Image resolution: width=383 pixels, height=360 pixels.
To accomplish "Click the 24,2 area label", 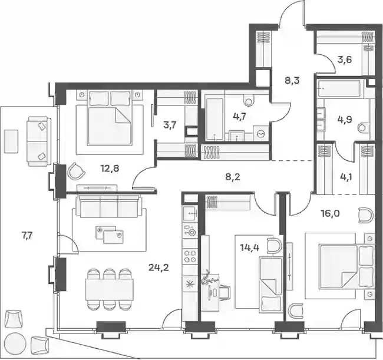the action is (x=159, y=268).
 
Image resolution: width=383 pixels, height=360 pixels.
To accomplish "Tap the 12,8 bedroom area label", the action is (x=110, y=169).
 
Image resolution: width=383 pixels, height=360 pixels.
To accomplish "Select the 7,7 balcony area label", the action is (x=27, y=236).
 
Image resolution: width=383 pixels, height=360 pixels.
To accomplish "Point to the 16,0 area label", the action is (x=329, y=214).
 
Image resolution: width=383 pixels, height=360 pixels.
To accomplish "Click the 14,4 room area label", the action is (x=249, y=247).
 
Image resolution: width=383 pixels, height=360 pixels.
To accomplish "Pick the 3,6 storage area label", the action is (x=345, y=60).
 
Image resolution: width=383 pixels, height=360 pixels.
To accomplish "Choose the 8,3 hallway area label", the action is (x=292, y=80).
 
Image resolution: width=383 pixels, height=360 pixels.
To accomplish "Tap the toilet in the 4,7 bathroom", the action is (x=249, y=100).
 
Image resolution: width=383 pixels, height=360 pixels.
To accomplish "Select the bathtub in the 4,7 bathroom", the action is (x=214, y=120).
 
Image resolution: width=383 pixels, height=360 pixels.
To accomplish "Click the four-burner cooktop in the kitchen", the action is (x=190, y=256).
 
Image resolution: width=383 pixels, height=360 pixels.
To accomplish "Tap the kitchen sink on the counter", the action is (x=190, y=214).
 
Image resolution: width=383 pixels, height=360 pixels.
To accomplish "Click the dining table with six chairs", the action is (x=110, y=290).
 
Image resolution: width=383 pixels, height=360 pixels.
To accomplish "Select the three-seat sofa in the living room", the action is (x=109, y=206).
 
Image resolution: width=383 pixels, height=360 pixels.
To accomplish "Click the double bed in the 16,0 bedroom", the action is (x=346, y=269).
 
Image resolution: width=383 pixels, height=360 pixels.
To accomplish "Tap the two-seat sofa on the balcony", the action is (x=39, y=141).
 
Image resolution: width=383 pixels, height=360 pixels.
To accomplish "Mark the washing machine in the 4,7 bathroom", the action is (x=261, y=133).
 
